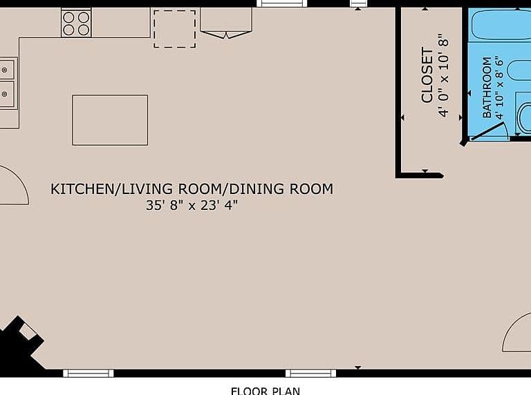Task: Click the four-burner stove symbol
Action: [76, 23]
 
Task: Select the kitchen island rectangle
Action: [110, 120]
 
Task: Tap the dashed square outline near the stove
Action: [175, 29]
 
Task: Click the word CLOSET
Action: [427, 75]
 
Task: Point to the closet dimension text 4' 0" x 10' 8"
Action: [443, 75]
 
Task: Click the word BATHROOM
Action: [487, 87]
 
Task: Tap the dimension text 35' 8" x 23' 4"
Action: [192, 205]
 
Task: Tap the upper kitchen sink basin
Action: [7, 69]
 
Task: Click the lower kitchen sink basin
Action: [7, 94]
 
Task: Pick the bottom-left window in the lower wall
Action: [88, 374]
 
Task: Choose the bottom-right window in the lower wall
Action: [311, 374]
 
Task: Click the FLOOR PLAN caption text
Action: [265, 392]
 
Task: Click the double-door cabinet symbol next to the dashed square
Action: [226, 23]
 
